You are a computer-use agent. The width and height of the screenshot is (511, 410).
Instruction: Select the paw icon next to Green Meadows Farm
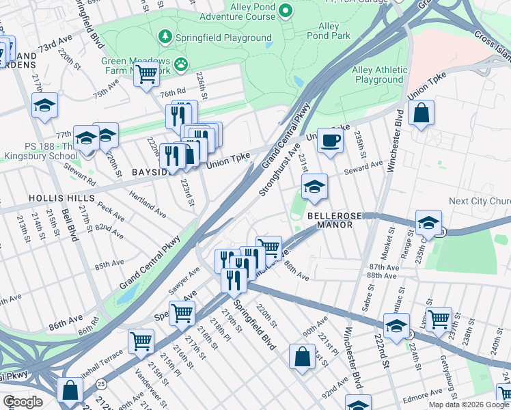[x=181, y=65]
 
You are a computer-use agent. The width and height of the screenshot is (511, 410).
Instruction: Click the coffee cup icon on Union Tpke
[x=330, y=141]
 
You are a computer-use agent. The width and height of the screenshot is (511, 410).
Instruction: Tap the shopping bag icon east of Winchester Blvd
[x=422, y=113]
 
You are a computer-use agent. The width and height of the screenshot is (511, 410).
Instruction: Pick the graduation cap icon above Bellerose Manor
[x=314, y=187]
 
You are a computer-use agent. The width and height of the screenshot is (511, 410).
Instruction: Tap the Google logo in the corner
[x=23, y=402]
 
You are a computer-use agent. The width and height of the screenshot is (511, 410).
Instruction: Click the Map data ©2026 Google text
[x=468, y=405]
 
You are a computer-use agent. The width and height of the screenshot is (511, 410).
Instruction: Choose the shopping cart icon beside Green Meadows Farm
[x=146, y=74]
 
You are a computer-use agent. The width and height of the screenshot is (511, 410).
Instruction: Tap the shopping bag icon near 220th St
[x=302, y=357]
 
